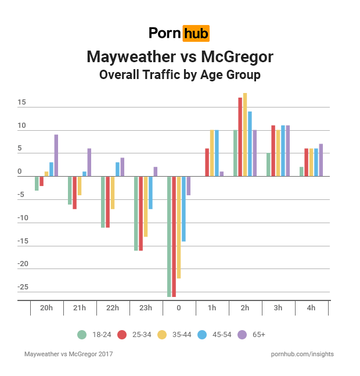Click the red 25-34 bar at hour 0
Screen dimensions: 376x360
click(174, 237)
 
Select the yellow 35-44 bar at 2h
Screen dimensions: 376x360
click(245, 135)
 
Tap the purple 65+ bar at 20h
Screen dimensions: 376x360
click(56, 156)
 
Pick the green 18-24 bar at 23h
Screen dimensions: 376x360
click(136, 213)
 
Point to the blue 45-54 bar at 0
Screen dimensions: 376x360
click(183, 209)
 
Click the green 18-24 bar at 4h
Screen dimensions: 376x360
click(301, 171)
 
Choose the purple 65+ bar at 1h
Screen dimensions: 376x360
click(221, 174)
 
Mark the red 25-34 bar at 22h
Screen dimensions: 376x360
click(108, 202)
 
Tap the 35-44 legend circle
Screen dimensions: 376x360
click(163, 334)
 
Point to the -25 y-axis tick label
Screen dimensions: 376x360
click(23, 287)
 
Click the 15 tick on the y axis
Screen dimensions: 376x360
click(21, 103)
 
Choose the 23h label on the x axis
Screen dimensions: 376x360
click(145, 308)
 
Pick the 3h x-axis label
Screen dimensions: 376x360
click(278, 308)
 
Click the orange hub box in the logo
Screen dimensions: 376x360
click(196, 33)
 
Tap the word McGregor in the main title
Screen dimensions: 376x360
click(237, 57)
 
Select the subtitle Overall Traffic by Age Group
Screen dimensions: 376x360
click(179, 75)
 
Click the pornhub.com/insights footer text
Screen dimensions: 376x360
click(302, 353)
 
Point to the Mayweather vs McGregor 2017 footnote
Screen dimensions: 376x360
click(69, 353)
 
